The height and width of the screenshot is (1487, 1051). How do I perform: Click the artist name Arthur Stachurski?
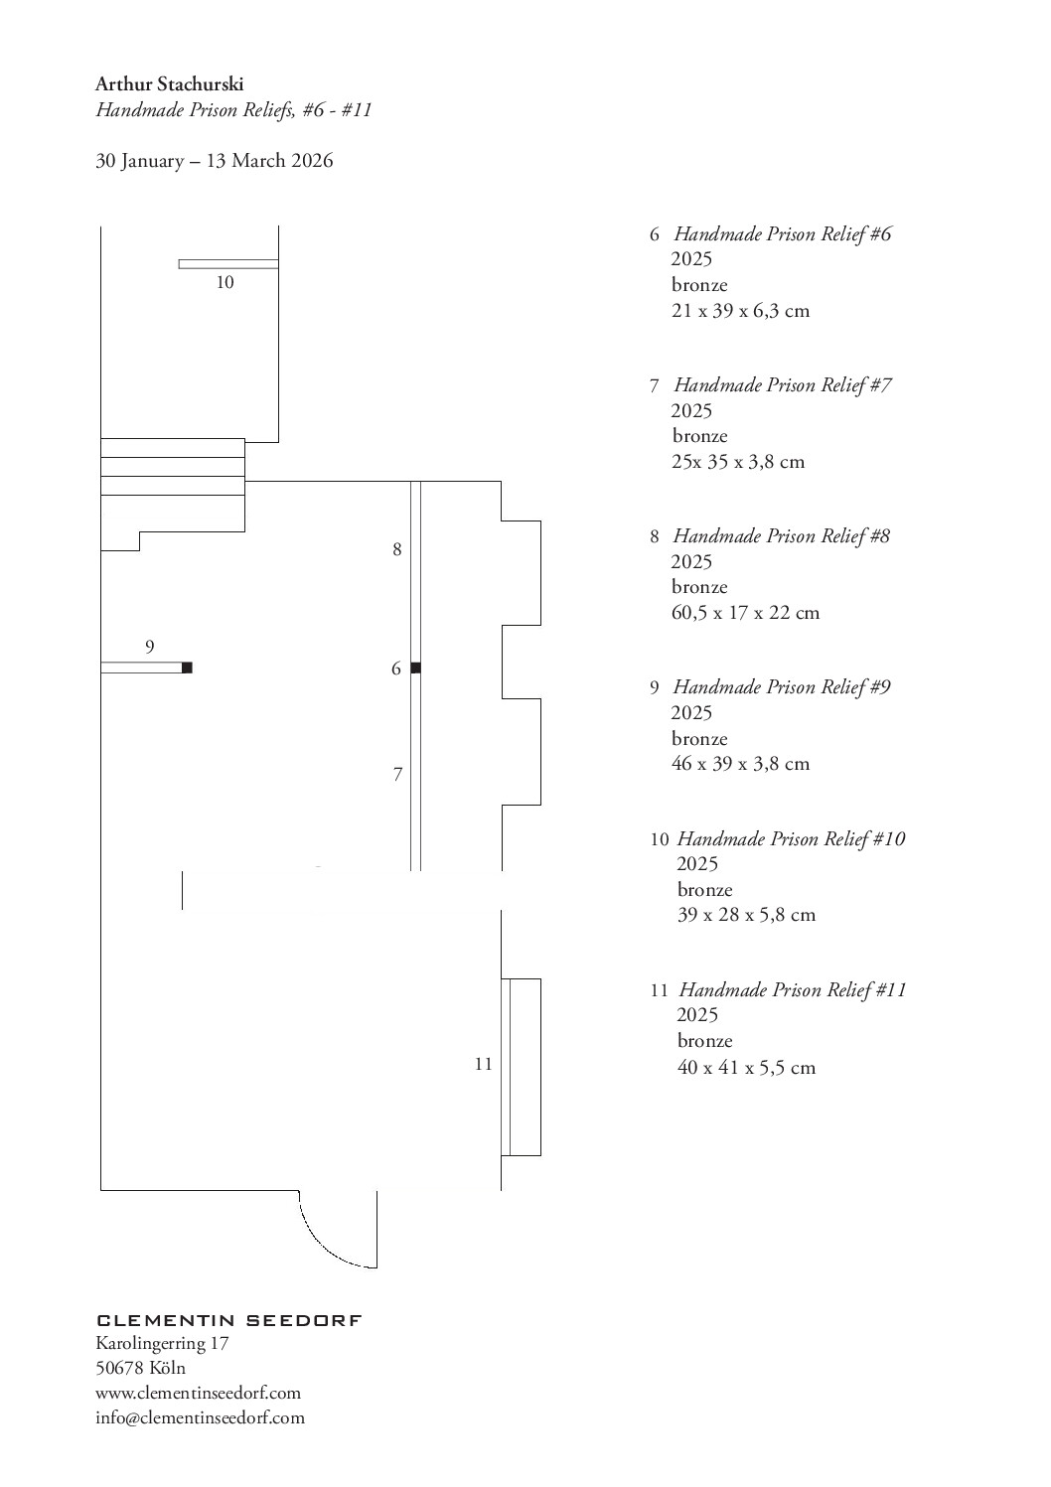[x=169, y=84]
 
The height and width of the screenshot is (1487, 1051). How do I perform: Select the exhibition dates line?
[x=215, y=161]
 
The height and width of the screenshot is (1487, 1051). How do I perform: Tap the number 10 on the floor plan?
[x=225, y=283]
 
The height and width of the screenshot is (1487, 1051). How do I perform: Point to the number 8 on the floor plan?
[x=397, y=549]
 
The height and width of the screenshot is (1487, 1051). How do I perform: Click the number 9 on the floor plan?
[x=149, y=647]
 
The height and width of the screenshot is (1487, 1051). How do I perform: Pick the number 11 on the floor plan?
[x=484, y=1064]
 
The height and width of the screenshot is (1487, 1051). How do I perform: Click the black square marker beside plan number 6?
[x=415, y=668]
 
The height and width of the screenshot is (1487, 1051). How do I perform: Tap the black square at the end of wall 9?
[x=187, y=668]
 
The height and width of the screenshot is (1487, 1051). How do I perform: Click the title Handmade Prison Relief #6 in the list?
[x=783, y=233]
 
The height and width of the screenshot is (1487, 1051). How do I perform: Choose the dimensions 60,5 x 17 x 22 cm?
[x=746, y=612]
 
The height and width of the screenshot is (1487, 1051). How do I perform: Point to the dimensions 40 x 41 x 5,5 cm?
[x=746, y=1068]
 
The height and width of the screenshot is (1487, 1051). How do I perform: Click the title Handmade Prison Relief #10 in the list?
[x=791, y=839]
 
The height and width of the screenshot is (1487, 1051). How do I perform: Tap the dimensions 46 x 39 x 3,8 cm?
[x=740, y=764]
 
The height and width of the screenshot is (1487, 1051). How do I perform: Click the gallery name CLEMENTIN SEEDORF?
[x=229, y=1320]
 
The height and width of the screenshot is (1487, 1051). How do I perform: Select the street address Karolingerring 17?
[x=162, y=1343]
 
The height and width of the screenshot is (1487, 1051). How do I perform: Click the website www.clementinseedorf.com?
[x=198, y=1392]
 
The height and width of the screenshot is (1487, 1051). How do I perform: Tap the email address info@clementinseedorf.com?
[x=200, y=1417]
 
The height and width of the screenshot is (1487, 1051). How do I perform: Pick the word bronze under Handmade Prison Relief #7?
[x=699, y=436]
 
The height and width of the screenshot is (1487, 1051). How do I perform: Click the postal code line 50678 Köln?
[x=141, y=1368]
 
